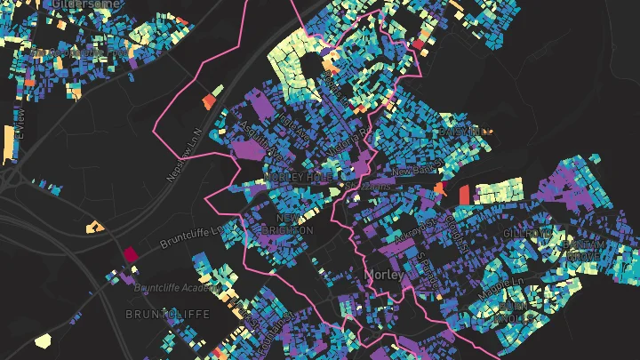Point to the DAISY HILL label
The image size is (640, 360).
tap(464, 132)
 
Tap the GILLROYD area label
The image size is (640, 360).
tap(527, 233)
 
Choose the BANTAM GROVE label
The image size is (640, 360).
tap(583, 250)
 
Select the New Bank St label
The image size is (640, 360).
tap(415, 169)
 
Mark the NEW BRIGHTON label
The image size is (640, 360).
tap(293, 224)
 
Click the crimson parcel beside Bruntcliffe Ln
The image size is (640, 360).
tap(131, 254)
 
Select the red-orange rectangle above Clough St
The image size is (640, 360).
tap(466, 193)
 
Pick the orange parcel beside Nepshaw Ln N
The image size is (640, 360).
tap(212, 98)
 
